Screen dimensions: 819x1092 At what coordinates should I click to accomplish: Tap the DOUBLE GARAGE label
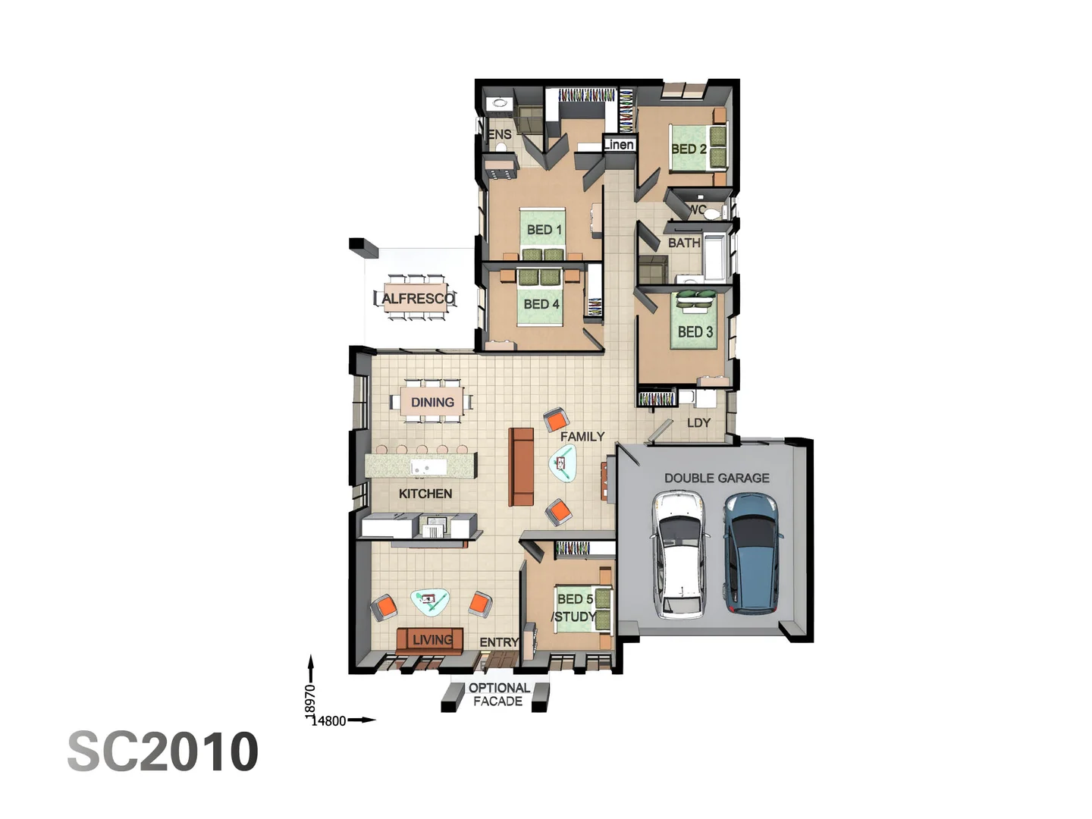tap(717, 478)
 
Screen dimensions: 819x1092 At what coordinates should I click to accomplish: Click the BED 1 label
tap(544, 230)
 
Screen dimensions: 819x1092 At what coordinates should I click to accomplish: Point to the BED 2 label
tap(689, 149)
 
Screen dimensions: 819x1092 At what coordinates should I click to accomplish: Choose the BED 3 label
tap(695, 332)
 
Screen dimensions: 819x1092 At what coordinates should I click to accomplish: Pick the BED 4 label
tap(541, 304)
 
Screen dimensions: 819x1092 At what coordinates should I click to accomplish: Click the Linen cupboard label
tap(619, 145)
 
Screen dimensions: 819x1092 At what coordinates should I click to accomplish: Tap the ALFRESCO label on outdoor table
tap(418, 299)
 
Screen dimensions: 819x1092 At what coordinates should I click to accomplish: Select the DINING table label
tap(432, 402)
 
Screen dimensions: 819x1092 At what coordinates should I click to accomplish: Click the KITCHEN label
tap(425, 494)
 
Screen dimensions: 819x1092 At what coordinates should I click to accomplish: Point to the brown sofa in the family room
tap(521, 466)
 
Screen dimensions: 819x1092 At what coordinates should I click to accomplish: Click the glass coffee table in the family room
tap(563, 463)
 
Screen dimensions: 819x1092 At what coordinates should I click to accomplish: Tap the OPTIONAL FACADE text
tap(498, 695)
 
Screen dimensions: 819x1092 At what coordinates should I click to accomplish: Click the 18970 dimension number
tap(310, 699)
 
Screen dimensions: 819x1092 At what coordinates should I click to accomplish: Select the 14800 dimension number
tap(329, 721)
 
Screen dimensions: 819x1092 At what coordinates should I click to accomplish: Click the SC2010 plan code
tap(163, 752)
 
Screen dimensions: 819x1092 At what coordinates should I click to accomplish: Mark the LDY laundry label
tap(698, 423)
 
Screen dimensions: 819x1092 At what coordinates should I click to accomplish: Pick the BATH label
tap(684, 243)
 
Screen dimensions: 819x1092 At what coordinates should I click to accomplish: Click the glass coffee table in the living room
tap(430, 602)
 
